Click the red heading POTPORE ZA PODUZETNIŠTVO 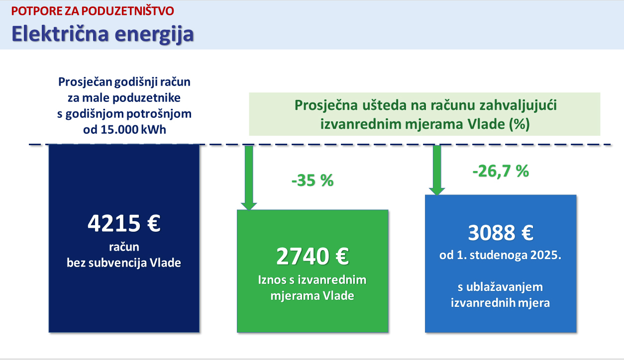coord(93,11)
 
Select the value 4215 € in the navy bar coord(124,223)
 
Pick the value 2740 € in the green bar coord(312,256)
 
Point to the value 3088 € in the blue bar coord(501,233)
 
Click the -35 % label coord(312,180)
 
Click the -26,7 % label coord(501,171)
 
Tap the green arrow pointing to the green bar coord(249,178)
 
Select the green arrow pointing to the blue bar coord(437,171)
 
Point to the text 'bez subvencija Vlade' coord(124,263)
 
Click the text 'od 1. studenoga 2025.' coord(500,255)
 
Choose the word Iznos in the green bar coord(272,280)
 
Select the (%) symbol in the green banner coord(520,124)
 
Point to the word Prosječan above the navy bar coord(85,82)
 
